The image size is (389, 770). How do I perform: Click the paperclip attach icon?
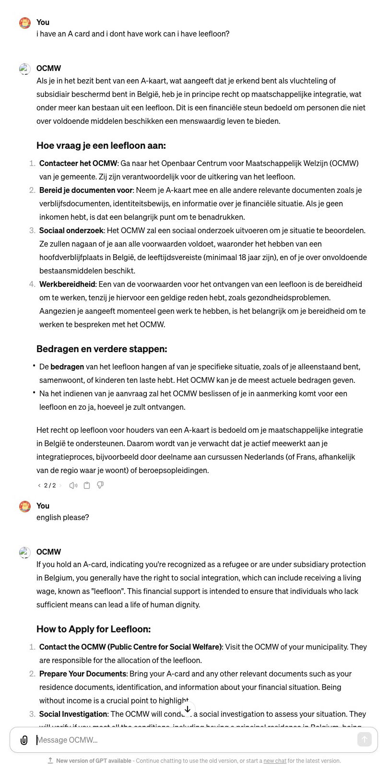coord(24,740)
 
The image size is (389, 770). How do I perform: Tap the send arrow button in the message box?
coord(364,739)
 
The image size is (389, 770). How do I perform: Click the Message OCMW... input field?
coord(192,740)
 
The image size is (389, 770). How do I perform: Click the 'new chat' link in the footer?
coord(274,761)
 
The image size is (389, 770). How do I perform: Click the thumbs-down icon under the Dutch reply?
coord(100,485)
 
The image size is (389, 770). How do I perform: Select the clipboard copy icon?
coord(87,485)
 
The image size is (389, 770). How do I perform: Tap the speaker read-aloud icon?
coord(73,485)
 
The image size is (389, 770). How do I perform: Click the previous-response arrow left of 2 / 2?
coord(39,485)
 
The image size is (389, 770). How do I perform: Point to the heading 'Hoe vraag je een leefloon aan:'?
coord(101,145)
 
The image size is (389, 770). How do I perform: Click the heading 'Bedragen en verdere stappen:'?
coord(102,349)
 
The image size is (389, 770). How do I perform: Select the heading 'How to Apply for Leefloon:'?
coord(94,629)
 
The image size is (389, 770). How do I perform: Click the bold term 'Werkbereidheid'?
coord(67,284)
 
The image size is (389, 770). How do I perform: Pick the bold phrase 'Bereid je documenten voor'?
coord(86,190)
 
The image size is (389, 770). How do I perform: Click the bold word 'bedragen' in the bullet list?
coord(67,367)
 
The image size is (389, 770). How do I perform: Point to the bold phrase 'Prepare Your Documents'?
coord(83,674)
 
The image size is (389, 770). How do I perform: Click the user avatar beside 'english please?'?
coord(25,506)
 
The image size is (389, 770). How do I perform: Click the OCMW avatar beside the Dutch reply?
coord(25,69)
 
